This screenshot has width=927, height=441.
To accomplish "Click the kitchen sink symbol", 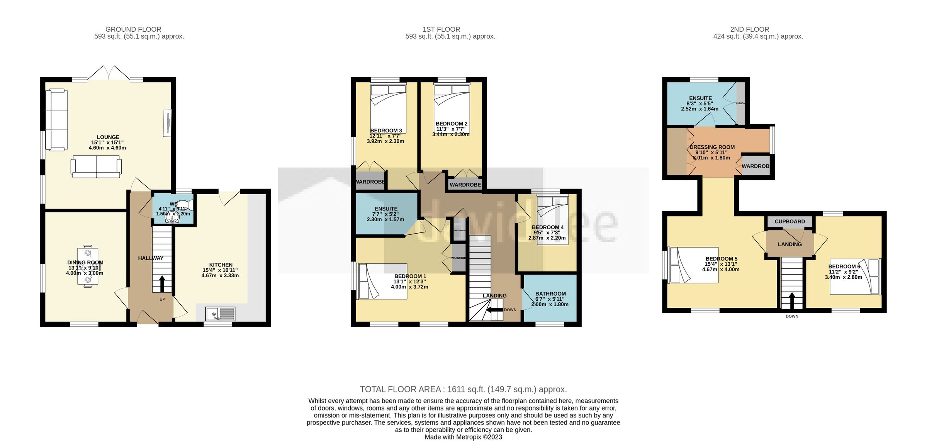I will pos(220,314).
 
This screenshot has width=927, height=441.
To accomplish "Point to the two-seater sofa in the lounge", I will pos(96,167).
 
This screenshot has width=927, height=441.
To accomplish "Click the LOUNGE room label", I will pos(108,137).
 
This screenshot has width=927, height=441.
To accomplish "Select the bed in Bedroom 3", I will pos(388,108).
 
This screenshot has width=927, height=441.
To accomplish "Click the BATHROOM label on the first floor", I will pos(550,294).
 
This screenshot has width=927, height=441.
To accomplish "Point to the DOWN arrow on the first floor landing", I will pos(494,310).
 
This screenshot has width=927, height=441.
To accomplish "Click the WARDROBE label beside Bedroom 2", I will pos(465,185).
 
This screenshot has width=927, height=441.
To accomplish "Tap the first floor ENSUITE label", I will pos(386,209).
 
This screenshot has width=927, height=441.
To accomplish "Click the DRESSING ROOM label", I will pos(712,147).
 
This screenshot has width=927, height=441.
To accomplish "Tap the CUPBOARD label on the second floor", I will pos(789,222).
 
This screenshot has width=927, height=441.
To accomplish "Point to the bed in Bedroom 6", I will pos(855,276).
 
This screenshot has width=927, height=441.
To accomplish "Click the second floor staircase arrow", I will pos(791,301).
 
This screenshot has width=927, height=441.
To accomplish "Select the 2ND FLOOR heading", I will pos(749,29).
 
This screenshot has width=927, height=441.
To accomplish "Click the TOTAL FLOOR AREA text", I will pos(463,389).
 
